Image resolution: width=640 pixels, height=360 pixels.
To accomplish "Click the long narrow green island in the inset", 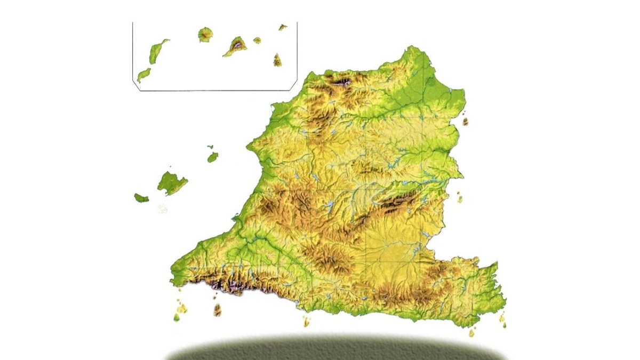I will [158, 51].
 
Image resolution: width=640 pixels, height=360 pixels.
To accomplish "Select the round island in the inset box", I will [205, 35].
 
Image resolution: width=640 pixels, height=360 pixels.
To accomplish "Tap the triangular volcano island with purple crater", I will [235, 46].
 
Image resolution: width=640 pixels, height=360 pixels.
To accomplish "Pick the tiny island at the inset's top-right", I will [282, 27].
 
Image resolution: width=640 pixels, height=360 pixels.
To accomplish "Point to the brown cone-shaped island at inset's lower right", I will [277, 60].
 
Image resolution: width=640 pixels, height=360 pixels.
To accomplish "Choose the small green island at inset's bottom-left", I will [143, 74].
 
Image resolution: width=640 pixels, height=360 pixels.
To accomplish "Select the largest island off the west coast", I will [171, 183].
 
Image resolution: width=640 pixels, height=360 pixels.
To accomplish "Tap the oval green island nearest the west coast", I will [213, 157].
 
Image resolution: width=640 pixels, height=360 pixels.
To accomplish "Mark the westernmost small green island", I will [141, 198].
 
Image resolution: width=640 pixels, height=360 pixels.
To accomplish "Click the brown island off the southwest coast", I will [217, 310].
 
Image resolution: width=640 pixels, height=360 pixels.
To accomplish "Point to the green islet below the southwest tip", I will [177, 317].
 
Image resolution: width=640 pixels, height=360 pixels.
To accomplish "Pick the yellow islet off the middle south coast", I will [306, 322].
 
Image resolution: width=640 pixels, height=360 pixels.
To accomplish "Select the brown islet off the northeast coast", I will [465, 121].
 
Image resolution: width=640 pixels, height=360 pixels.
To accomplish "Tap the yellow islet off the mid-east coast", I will [459, 199].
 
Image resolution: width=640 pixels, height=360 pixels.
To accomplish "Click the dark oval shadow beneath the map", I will [336, 350].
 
